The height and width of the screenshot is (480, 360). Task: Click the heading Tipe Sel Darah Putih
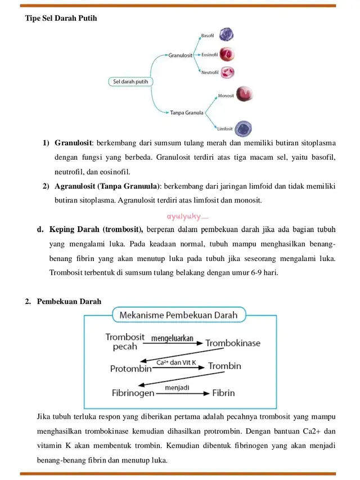coord(61,18)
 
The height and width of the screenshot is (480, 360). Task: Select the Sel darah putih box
coord(130,82)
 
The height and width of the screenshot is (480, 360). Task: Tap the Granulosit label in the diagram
coord(180,55)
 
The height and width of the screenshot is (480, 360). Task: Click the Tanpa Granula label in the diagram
coord(187,113)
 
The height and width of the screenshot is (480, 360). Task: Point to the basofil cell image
coord(226,35)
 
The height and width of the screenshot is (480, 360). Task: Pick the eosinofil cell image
coord(227,54)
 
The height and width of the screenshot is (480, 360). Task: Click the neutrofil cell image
coord(227,73)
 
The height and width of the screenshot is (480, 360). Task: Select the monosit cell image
coord(244,93)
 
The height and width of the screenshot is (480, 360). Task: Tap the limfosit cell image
coord(243,128)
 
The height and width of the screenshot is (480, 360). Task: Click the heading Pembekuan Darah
coord(69,301)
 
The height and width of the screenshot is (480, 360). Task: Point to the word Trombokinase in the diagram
coord(233,343)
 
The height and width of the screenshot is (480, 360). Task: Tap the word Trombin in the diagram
coord(224,366)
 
